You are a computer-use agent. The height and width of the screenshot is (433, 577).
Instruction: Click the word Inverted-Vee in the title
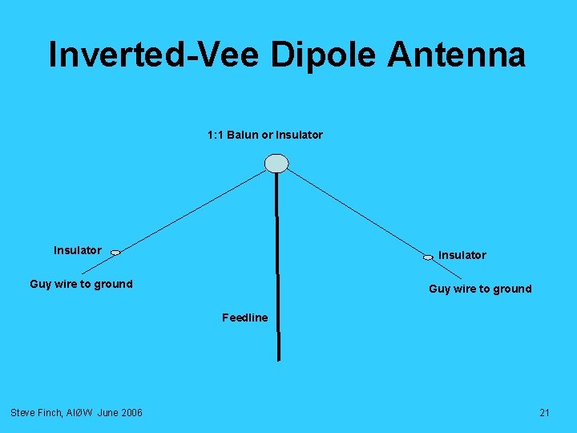154,55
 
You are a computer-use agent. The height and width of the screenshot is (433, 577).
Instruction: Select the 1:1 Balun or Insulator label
264,135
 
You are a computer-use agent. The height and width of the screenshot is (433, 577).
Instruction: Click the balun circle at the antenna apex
276,163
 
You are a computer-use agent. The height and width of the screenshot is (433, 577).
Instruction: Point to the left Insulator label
77,250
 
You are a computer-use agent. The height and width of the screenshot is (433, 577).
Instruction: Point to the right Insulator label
462,255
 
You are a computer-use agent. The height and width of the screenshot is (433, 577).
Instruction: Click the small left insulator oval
115,253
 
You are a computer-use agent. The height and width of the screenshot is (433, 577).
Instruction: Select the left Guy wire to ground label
81,284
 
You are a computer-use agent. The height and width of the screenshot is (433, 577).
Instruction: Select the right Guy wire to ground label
480,289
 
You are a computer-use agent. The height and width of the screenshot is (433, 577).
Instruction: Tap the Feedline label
244,318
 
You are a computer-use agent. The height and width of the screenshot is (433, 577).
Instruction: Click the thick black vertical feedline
277,265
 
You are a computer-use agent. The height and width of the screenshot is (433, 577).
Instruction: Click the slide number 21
544,412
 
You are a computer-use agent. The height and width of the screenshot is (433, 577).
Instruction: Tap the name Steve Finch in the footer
36,412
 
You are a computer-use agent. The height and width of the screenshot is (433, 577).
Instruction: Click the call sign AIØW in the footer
83,412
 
